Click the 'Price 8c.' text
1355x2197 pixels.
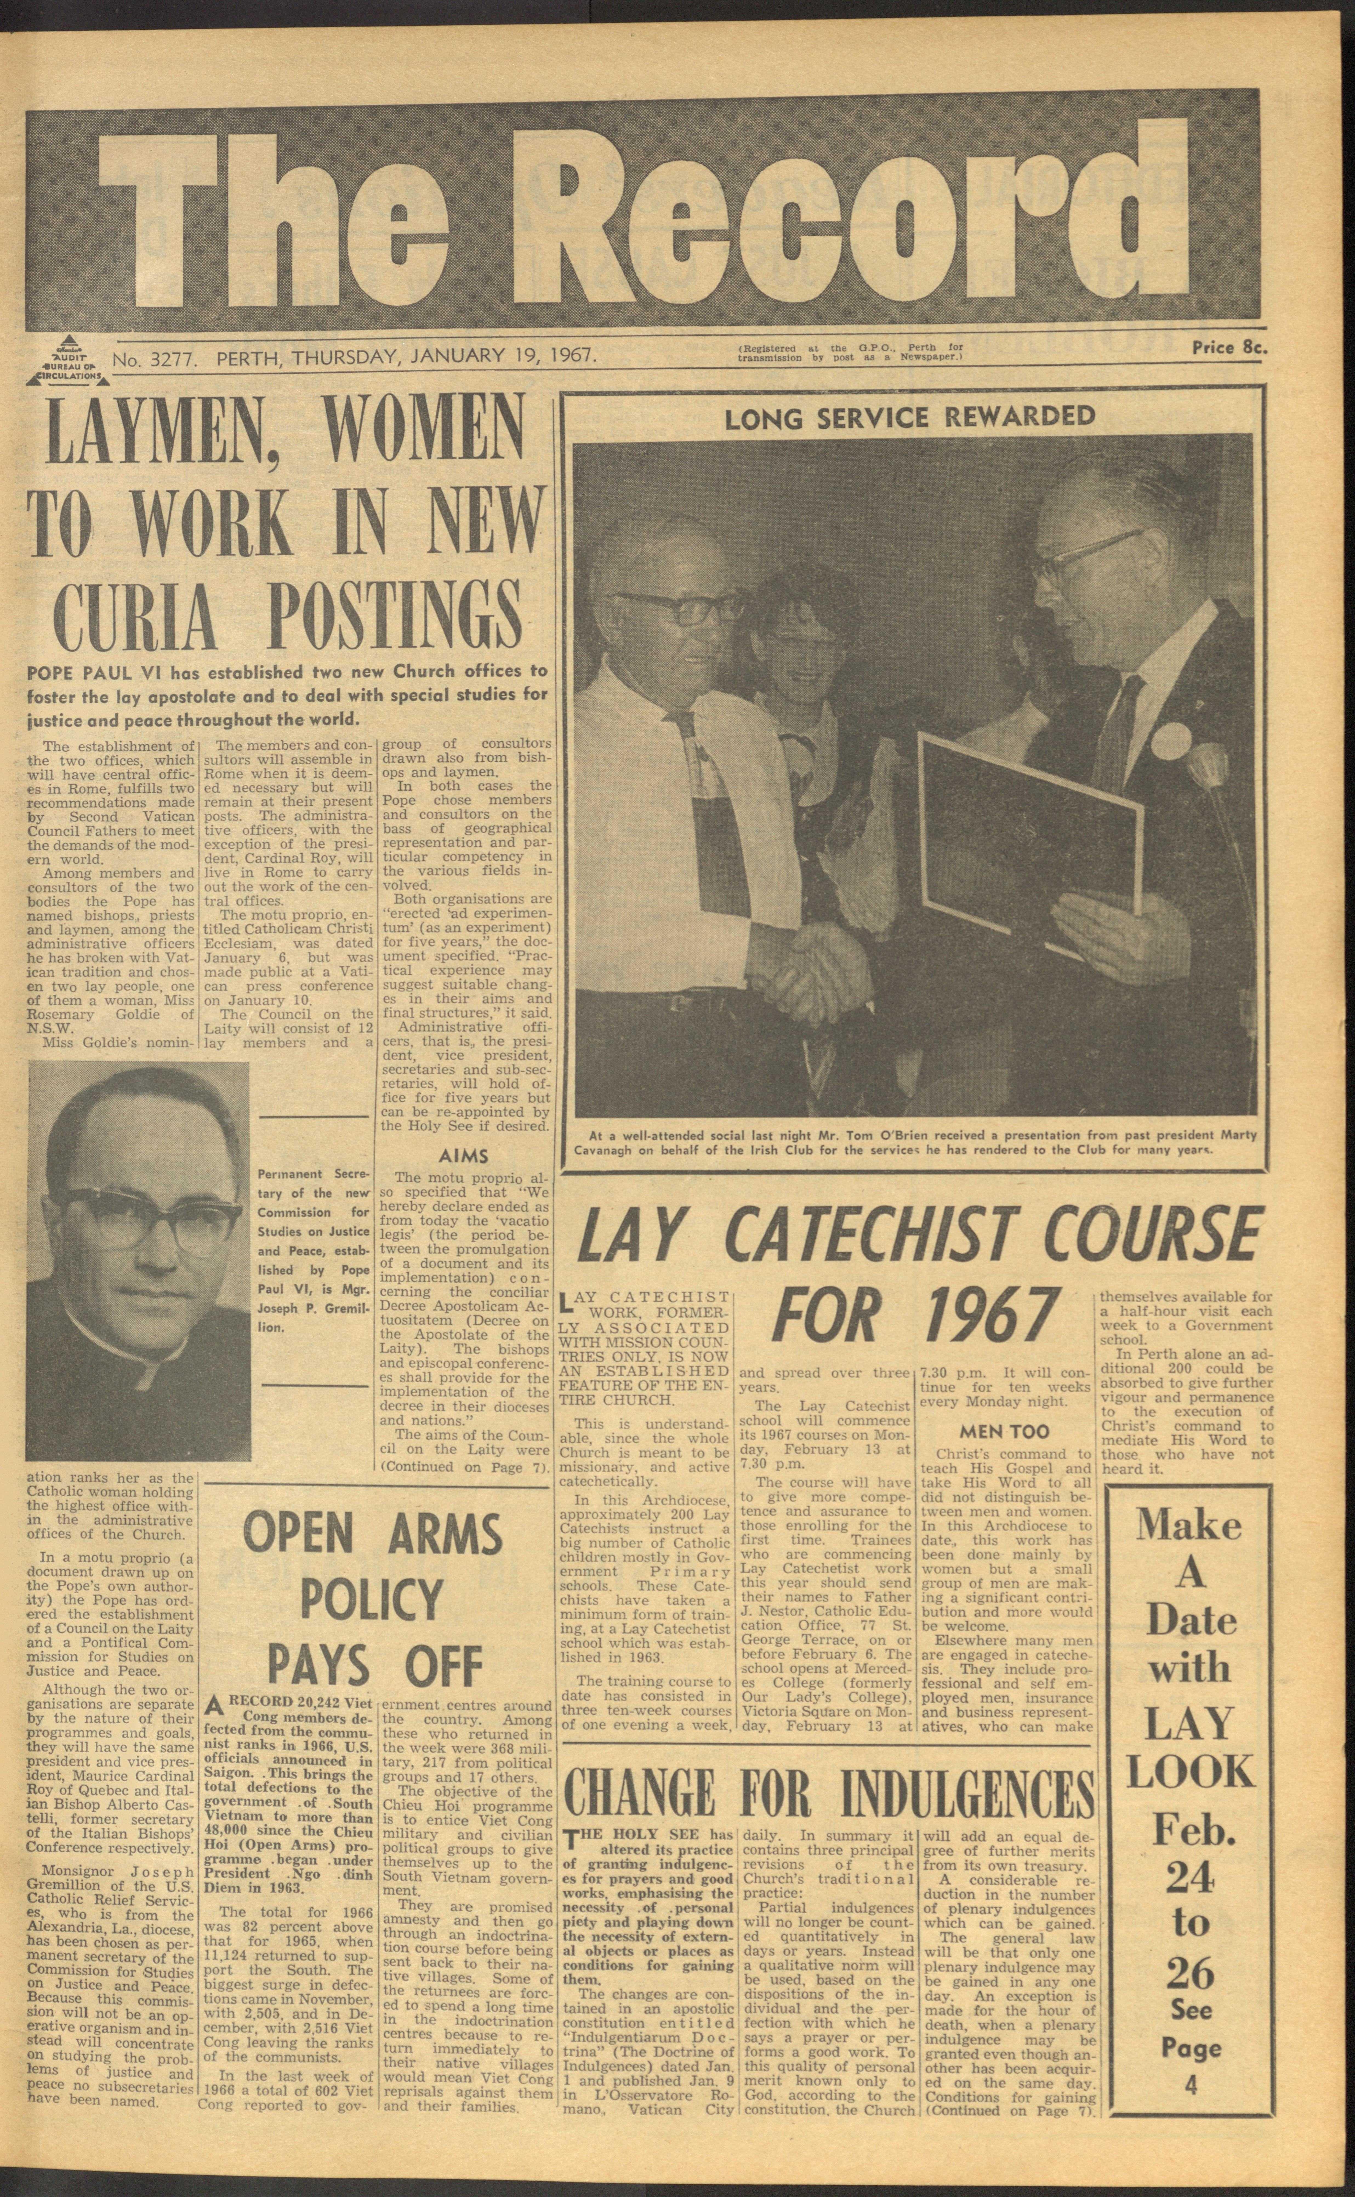(1229, 349)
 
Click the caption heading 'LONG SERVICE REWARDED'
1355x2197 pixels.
(910, 417)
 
